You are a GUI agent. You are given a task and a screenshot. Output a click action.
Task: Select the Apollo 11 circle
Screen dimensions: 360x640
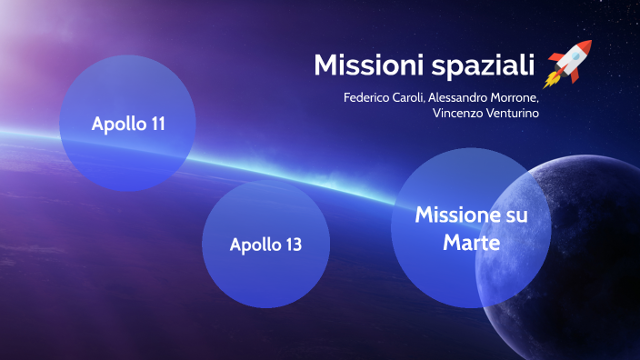pos(127,124)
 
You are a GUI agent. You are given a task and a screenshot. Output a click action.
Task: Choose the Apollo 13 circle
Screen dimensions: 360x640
pos(265,244)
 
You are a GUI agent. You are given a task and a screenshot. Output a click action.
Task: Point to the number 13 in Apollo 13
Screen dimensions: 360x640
pos(291,245)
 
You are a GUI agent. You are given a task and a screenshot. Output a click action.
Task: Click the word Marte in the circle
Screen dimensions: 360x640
pos(471,244)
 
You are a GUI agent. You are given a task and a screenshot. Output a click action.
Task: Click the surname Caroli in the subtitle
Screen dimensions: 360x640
pos(415,98)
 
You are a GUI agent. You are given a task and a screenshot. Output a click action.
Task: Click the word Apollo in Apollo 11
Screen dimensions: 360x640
pos(117,124)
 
